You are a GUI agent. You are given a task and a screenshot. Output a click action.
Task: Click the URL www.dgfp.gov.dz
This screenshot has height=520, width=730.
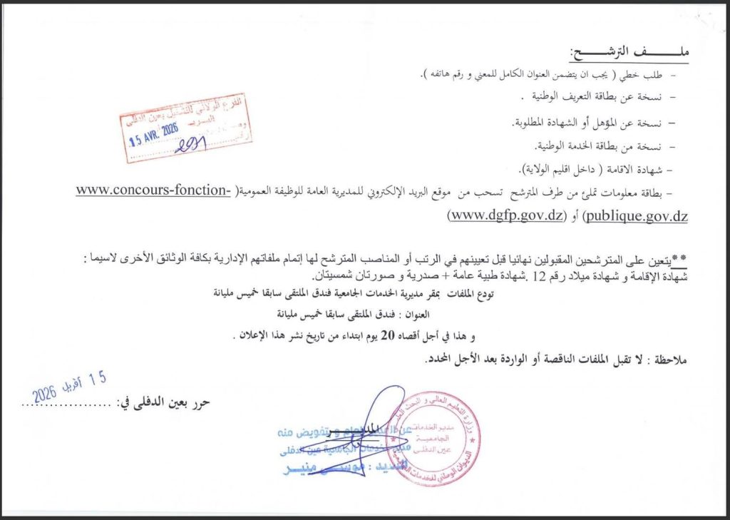point(505,215)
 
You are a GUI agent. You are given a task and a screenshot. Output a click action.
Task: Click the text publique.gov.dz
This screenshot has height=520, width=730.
point(636,215)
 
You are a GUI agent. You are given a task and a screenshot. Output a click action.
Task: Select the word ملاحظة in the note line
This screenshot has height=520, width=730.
point(669,361)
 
